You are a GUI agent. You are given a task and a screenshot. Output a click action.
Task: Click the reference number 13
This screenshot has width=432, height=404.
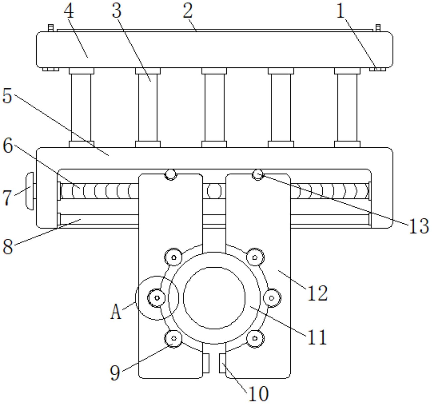[x=419, y=226]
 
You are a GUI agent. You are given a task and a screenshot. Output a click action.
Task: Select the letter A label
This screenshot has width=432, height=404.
[x=116, y=312]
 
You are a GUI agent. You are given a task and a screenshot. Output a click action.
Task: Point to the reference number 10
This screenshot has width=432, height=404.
[x=258, y=394]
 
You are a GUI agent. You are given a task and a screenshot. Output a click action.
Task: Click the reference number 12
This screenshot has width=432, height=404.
[x=317, y=293]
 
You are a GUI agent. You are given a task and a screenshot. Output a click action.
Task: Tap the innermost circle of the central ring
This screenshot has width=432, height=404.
[x=214, y=298]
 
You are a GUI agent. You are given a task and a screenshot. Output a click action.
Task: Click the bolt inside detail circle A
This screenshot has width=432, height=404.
[x=157, y=298]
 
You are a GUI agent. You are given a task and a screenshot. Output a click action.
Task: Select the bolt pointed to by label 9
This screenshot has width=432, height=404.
[x=174, y=338]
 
